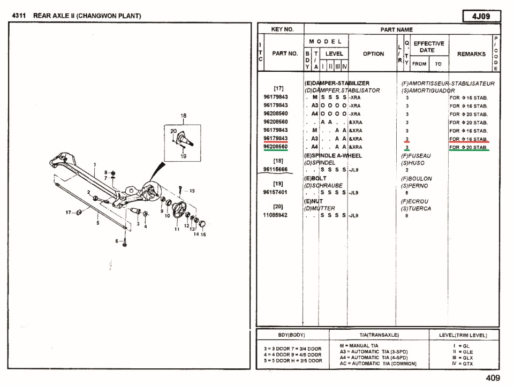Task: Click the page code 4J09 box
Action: point(482,16)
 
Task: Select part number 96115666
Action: point(276,169)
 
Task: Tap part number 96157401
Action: point(276,192)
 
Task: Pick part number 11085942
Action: point(276,215)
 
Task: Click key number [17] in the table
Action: point(278,88)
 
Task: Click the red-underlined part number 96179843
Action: point(276,139)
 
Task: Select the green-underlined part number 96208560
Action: point(276,147)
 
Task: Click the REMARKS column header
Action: point(471,54)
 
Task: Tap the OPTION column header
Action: point(373,54)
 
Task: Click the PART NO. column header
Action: point(285,54)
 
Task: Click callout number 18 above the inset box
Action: point(183,116)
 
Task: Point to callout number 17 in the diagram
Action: point(69,212)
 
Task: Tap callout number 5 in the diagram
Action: point(97,223)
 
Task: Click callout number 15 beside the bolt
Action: point(192,191)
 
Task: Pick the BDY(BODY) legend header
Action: point(292,335)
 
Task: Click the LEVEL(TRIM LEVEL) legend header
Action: point(464,335)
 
